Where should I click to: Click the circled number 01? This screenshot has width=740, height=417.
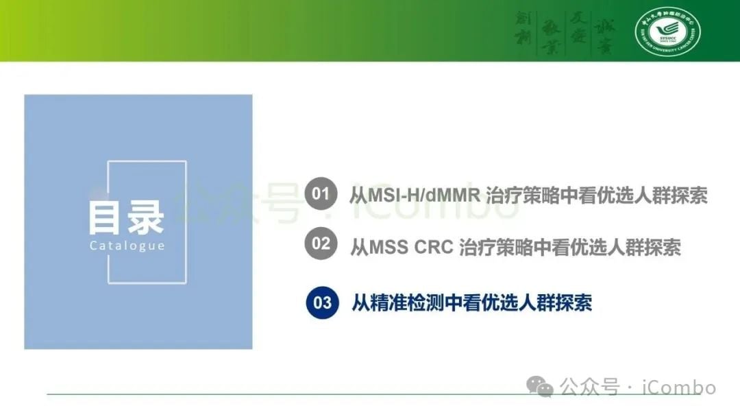coord(321,193)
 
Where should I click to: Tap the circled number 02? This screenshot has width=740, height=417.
coord(321,243)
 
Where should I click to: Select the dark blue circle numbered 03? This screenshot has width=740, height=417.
coord(322,302)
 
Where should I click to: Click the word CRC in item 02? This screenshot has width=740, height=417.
coord(434,246)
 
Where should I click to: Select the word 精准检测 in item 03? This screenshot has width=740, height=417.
coord(408,302)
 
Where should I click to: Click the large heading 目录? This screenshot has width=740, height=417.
coord(126,217)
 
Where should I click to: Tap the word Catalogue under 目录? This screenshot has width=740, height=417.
coord(127,246)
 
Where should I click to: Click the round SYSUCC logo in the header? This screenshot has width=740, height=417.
coord(667,32)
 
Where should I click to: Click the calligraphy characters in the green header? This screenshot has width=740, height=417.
coord(565,32)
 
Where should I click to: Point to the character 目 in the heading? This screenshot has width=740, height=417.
coord(107,217)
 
